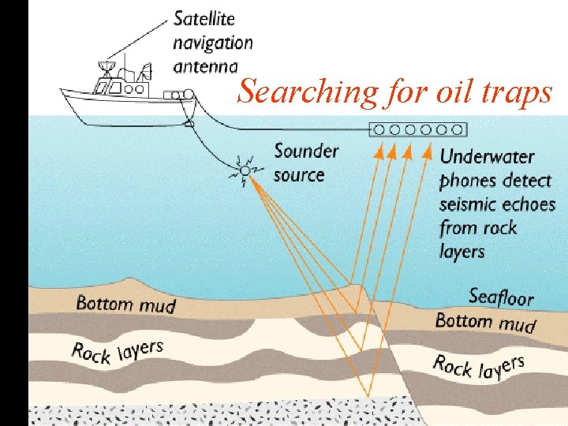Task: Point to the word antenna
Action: [x=205, y=66]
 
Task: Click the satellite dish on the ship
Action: [x=107, y=66]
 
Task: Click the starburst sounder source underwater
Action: [x=245, y=170]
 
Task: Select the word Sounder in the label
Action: [x=306, y=151]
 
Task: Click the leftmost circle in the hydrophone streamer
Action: [x=379, y=129]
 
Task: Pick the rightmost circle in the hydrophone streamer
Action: [x=457, y=129]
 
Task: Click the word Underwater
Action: [x=487, y=157]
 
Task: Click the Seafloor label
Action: [x=502, y=297]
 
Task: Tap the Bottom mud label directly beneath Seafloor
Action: [x=484, y=322]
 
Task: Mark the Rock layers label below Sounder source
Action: [x=118, y=350]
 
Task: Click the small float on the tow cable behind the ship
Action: [x=188, y=122]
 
